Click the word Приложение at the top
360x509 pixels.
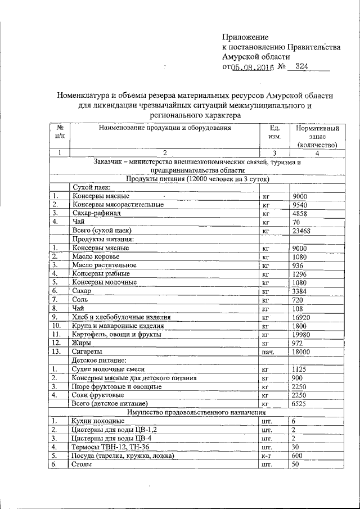(x=246, y=37)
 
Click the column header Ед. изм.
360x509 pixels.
(x=274, y=132)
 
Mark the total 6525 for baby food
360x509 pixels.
(x=300, y=404)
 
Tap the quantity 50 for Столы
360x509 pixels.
(x=296, y=465)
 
